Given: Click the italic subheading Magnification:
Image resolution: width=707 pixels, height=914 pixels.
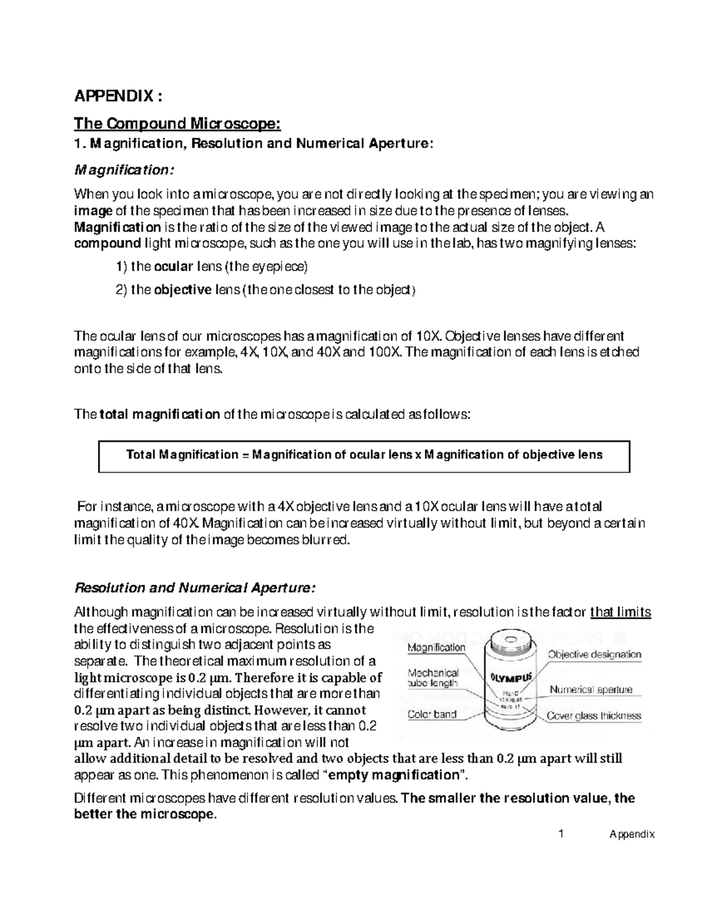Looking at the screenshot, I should (x=124, y=170).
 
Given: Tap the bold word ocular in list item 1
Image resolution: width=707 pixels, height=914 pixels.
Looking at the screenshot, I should (x=173, y=267).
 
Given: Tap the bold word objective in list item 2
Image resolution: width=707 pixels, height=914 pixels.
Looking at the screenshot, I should (x=182, y=290).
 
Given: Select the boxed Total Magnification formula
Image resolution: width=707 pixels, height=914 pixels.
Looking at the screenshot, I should (x=364, y=455).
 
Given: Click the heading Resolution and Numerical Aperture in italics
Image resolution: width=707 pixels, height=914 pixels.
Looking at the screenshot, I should (x=194, y=587).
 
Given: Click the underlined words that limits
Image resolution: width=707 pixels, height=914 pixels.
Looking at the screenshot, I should (x=620, y=613).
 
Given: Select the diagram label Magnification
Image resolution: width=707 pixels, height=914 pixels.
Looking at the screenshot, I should (x=437, y=647).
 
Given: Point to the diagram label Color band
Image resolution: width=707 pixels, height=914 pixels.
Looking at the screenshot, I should (x=432, y=714).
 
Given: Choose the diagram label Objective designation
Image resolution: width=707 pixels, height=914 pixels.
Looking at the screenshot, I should (x=594, y=654).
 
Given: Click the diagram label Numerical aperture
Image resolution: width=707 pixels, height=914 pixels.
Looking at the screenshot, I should (x=591, y=689).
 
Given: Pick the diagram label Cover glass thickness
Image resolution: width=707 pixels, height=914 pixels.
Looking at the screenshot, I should (x=594, y=716).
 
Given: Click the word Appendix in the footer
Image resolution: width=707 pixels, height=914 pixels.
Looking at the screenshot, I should (x=632, y=835).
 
